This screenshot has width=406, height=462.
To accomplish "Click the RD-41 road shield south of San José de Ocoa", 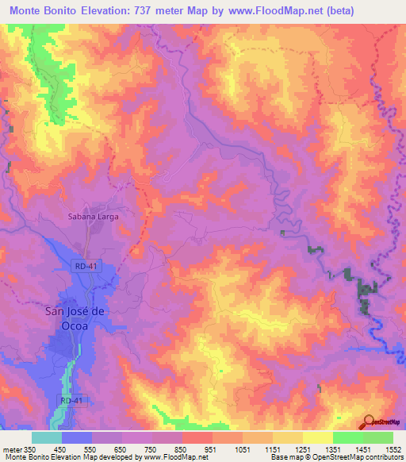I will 71,401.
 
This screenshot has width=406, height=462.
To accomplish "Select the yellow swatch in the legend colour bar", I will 318,437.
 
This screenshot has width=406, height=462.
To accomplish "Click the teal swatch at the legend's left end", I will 47,437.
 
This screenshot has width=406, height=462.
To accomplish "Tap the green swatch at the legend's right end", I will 378,437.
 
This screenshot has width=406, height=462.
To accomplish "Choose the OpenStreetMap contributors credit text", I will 354,457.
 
